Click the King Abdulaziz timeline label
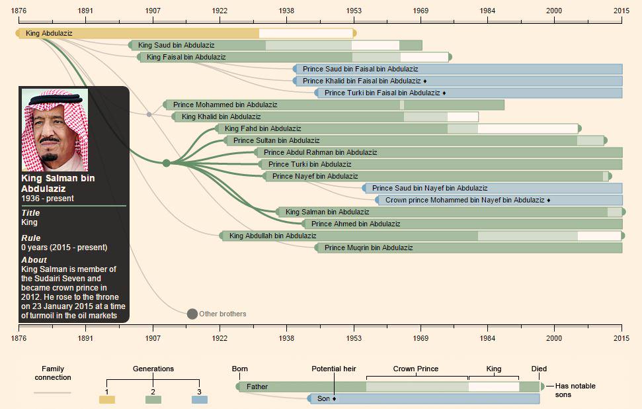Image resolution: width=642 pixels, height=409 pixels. point(49,33)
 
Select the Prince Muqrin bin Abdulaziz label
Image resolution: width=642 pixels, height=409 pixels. point(368,248)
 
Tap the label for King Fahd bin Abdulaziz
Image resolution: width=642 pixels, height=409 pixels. point(262,128)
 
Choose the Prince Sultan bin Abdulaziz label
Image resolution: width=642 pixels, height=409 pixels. point(276,140)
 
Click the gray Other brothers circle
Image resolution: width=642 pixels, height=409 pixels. point(192,314)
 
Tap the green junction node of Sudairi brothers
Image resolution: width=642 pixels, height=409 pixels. point(166,163)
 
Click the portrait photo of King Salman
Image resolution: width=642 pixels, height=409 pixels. point(55,130)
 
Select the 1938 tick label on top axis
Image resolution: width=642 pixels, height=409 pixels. point(287,11)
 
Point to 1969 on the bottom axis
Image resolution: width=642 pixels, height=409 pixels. point(421,337)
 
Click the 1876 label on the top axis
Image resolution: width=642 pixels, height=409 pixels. point(19,11)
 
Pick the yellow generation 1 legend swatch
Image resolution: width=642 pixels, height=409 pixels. point(106,400)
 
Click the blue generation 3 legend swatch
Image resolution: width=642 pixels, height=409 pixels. point(199,400)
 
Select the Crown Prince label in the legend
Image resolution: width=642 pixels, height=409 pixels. point(415,369)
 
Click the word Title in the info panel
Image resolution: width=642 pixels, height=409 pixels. point(30,213)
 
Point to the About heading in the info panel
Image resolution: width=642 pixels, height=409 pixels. point(34,260)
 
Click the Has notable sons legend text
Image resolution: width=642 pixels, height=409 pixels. point(575,390)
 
